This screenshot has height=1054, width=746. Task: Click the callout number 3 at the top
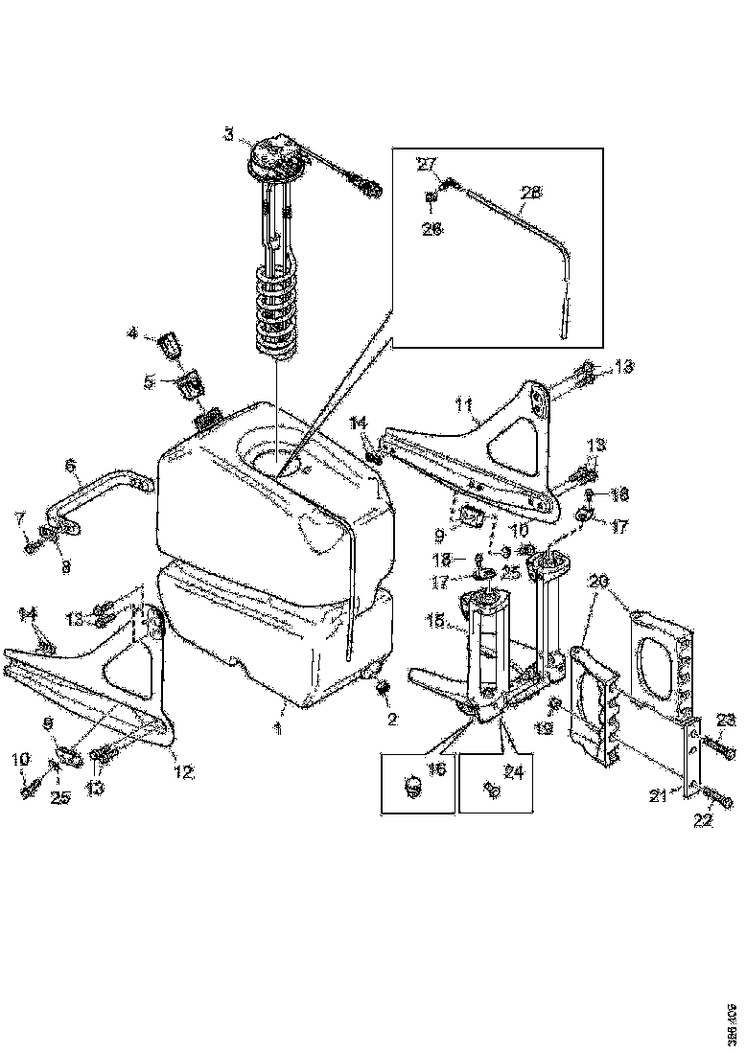[228, 134]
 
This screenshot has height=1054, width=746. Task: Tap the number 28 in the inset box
[530, 192]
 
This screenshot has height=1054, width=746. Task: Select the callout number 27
[425, 164]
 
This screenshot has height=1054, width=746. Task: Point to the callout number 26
[432, 229]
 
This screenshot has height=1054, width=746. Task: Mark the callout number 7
[18, 518]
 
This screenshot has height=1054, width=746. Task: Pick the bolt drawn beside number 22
[721, 798]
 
